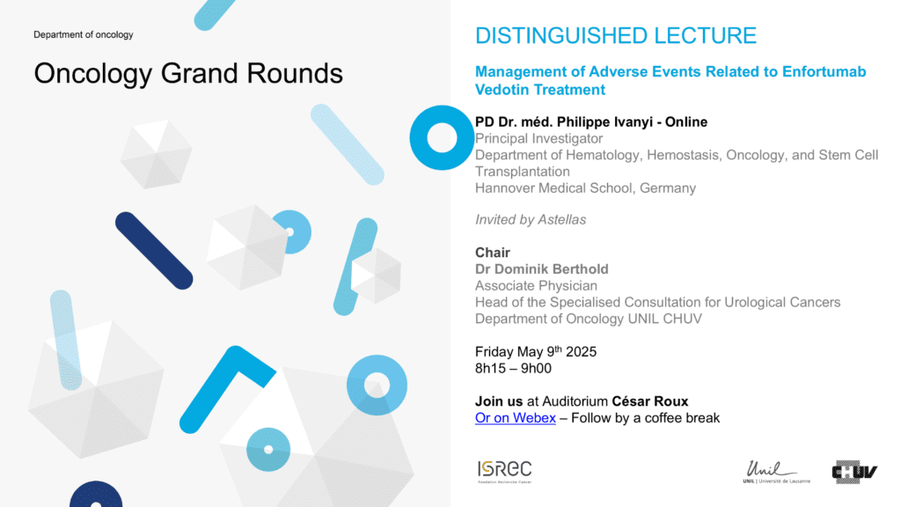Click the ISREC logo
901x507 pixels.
pyautogui.click(x=504, y=472)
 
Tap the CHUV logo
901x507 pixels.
pyautogui.click(x=854, y=472)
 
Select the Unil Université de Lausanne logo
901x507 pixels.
pyautogui.click(x=776, y=472)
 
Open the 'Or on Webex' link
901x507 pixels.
pyautogui.click(x=516, y=418)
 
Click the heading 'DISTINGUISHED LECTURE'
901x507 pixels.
pyautogui.click(x=616, y=35)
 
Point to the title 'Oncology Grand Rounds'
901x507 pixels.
pyautogui.click(x=188, y=74)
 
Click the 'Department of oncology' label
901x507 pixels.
pyautogui.click(x=84, y=34)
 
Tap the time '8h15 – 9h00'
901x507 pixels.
pyautogui.click(x=513, y=369)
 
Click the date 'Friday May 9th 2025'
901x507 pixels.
pyautogui.click(x=536, y=351)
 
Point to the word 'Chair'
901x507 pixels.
pyautogui.click(x=493, y=253)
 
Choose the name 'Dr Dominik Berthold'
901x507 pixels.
pyautogui.click(x=542, y=269)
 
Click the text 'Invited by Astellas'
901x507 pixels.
pyautogui.click(x=531, y=219)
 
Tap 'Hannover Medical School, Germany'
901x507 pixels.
pyautogui.click(x=585, y=188)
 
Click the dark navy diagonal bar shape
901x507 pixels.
pyautogui.click(x=154, y=251)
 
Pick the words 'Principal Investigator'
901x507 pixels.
pyautogui.click(x=539, y=138)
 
